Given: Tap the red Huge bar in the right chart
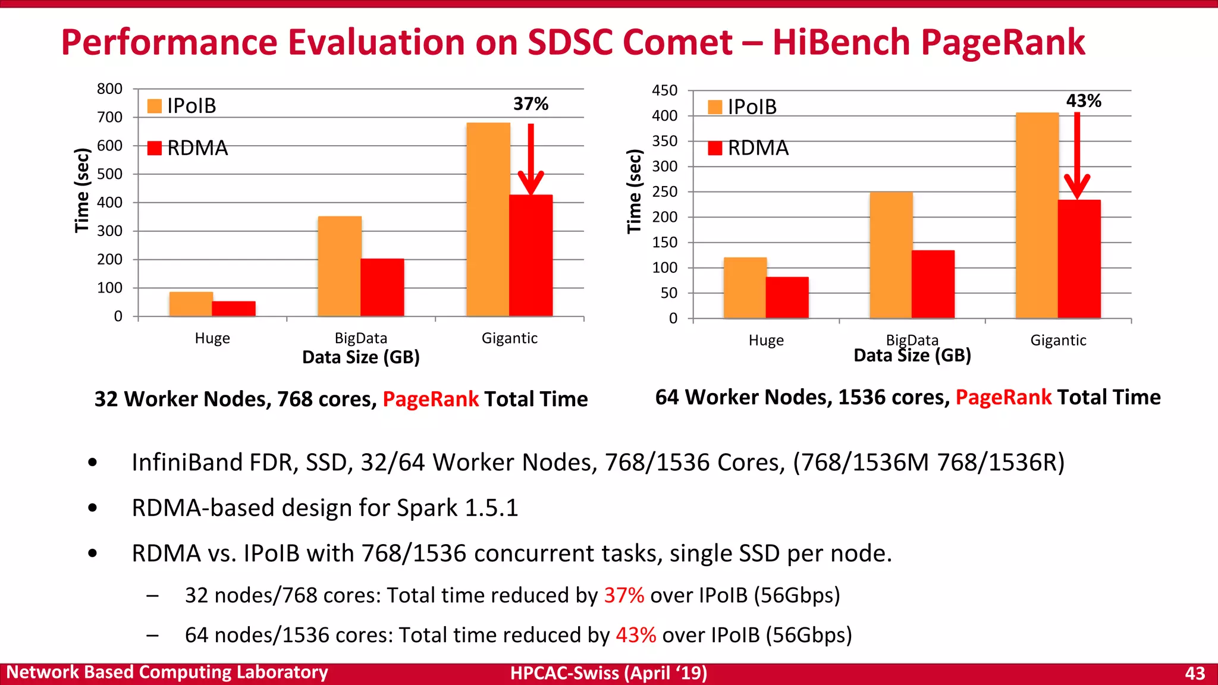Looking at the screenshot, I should [787, 297].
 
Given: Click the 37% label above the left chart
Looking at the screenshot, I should [530, 104].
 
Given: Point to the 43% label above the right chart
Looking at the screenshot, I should [1083, 101].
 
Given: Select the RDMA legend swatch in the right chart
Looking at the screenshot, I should [715, 148].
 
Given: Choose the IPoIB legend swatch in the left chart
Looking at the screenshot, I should [155, 106].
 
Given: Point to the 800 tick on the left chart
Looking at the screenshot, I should [109, 89].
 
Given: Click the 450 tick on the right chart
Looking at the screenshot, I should [664, 90].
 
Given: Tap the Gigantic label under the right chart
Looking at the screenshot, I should [1058, 341].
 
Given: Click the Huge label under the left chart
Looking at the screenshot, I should [212, 338].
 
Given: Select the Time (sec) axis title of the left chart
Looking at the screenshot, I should [82, 190].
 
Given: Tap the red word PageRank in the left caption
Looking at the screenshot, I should [430, 399].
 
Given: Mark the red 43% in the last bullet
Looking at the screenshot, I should [636, 635].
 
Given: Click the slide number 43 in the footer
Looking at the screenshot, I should [1194, 673].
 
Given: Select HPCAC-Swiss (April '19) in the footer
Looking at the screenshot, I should [608, 673].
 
